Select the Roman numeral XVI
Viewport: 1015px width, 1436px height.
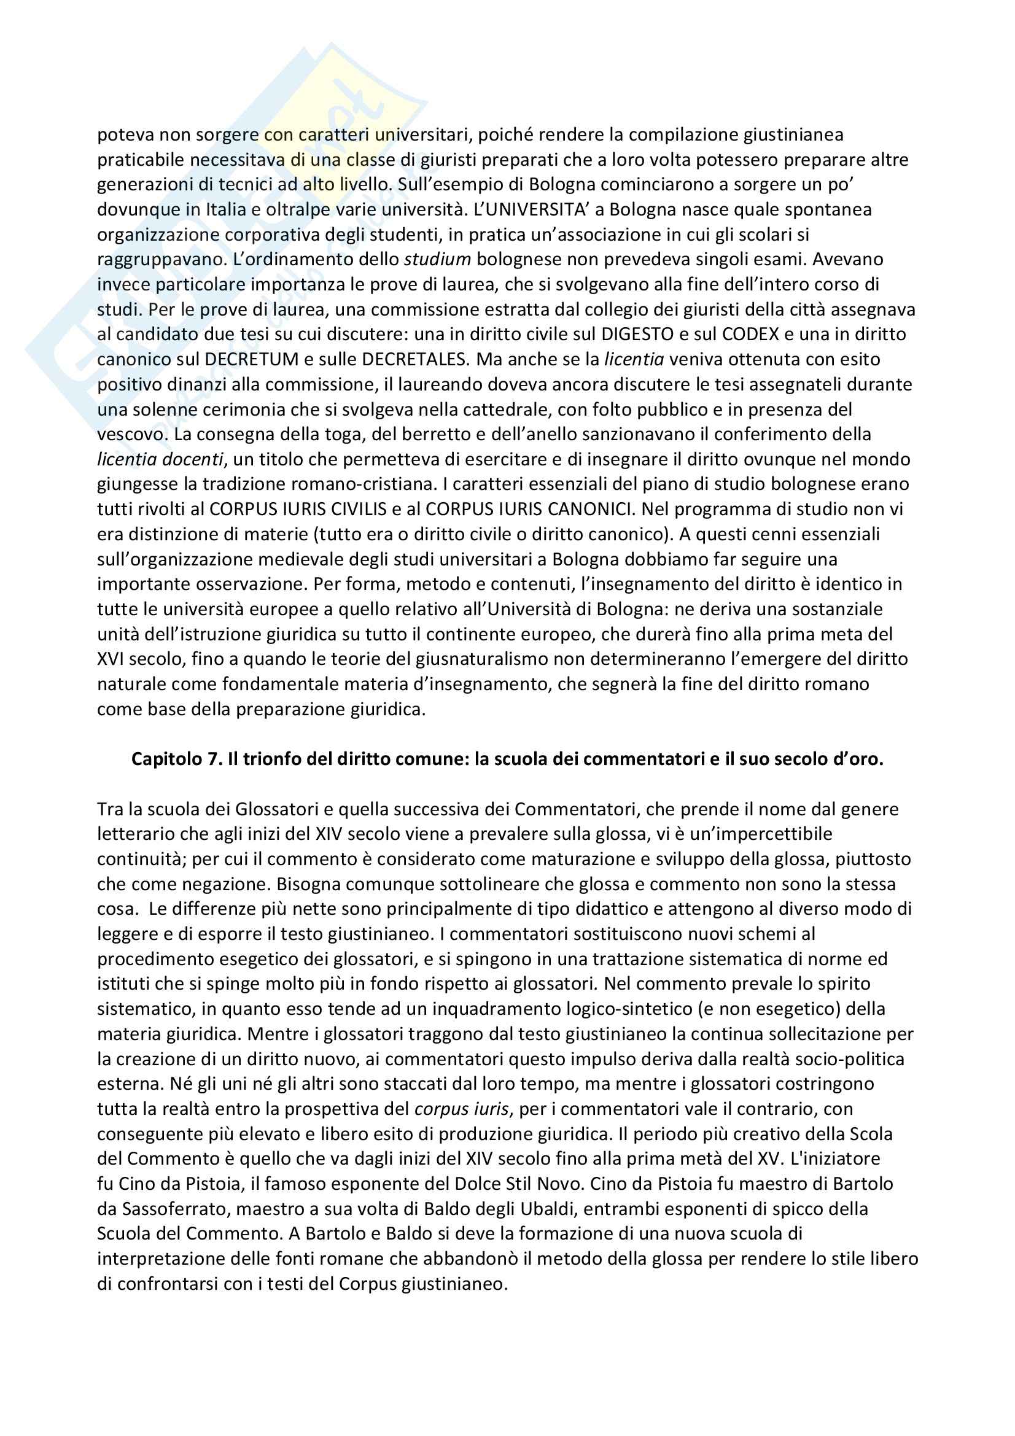click(x=111, y=659)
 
